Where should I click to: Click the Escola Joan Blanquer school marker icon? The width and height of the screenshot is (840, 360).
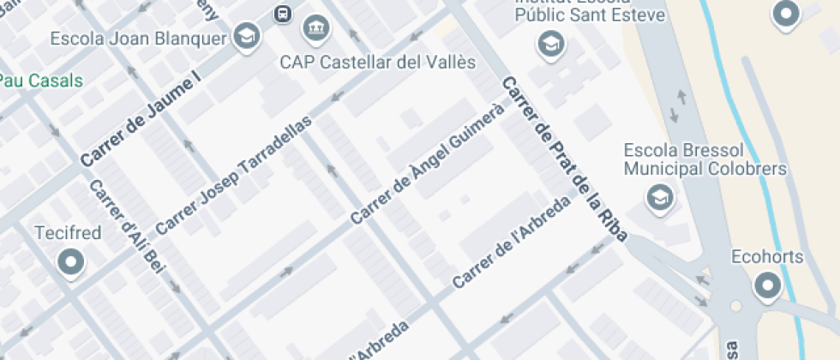coord(247,37)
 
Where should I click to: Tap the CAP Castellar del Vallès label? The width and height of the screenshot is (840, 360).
coord(378,63)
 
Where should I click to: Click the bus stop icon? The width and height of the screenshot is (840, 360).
coord(281,14)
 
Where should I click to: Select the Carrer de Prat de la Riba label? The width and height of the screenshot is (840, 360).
coord(564,159)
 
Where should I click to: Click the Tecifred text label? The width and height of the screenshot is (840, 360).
coord(68,233)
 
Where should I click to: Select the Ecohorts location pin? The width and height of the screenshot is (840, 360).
coord(768,285)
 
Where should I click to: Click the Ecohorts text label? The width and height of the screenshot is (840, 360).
coord(767,255)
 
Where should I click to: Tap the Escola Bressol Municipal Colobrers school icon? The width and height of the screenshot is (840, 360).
coord(658,198)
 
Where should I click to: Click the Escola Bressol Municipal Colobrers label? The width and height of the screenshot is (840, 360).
coord(705,159)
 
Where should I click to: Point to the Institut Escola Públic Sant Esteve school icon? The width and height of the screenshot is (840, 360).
coord(549,43)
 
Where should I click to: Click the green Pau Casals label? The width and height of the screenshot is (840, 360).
coord(41,81)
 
